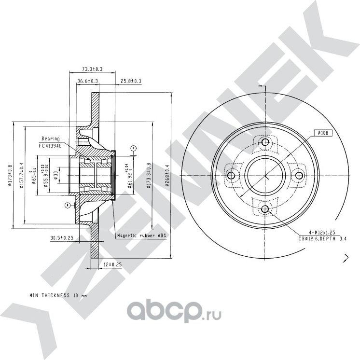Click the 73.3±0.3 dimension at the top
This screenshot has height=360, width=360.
pos(93,69)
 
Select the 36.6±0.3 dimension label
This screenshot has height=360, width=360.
pos(87,81)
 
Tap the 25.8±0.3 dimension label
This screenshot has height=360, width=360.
pos(131,81)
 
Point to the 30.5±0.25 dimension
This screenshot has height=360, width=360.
pos(61,238)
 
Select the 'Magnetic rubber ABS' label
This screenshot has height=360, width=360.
pos(141,236)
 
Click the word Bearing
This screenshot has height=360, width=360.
pos(50,138)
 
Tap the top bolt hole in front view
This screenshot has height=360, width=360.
pos(264,142)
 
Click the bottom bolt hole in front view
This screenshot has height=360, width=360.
pos(264,208)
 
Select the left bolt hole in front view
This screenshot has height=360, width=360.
pos(231,176)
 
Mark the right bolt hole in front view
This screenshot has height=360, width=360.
pos(298,176)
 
